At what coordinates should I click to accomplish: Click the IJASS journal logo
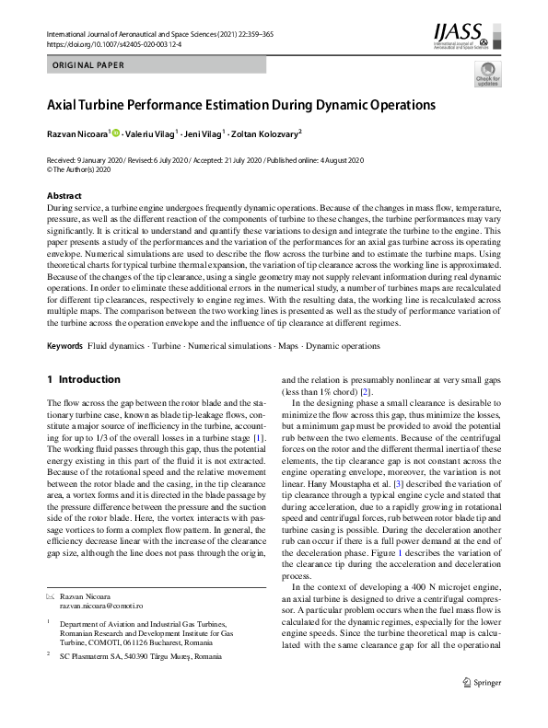(x=463, y=37)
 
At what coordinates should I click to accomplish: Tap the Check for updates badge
(x=486, y=81)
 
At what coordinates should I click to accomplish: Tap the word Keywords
(x=64, y=346)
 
